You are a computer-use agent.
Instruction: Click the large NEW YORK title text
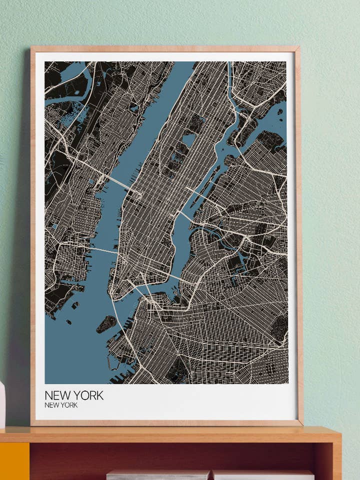pyautogui.click(x=74, y=395)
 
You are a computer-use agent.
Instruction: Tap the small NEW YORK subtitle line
pyautogui.click(x=61, y=405)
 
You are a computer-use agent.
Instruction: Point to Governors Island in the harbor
pyautogui.click(x=106, y=324)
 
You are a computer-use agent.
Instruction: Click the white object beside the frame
pyautogui.click(x=2, y=405)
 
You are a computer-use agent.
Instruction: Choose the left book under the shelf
pyautogui.click(x=157, y=475)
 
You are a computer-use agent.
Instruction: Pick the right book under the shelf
pyautogui.click(x=263, y=475)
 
